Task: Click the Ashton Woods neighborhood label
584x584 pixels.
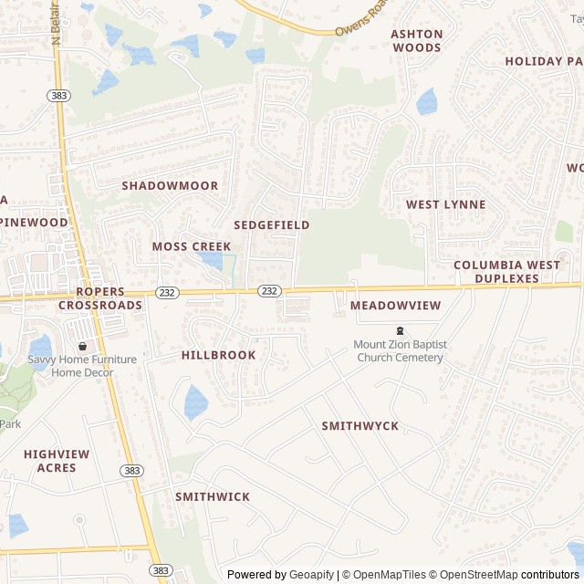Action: pyautogui.click(x=416, y=41)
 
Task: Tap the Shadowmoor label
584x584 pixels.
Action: pyautogui.click(x=170, y=185)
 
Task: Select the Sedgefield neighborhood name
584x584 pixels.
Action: pyautogui.click(x=271, y=224)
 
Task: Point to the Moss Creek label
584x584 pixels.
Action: pyautogui.click(x=191, y=246)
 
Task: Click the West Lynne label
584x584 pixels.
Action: pyautogui.click(x=445, y=204)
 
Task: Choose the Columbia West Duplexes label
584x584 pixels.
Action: pyautogui.click(x=507, y=271)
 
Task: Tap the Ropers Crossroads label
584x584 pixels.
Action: pyautogui.click(x=100, y=298)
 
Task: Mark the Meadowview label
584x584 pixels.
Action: pyautogui.click(x=395, y=305)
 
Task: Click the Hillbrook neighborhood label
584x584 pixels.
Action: pyautogui.click(x=218, y=354)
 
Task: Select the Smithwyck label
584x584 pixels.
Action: pyautogui.click(x=360, y=426)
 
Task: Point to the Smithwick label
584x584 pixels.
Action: pyautogui.click(x=212, y=496)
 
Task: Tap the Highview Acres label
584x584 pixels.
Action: pyautogui.click(x=57, y=461)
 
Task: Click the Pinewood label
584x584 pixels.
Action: pyautogui.click(x=35, y=222)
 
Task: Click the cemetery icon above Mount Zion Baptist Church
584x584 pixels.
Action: pyautogui.click(x=399, y=330)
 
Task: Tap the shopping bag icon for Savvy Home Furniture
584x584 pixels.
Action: pyautogui.click(x=82, y=346)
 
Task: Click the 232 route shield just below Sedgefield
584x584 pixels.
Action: pyautogui.click(x=268, y=290)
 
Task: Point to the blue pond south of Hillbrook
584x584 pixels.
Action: pyautogui.click(x=195, y=401)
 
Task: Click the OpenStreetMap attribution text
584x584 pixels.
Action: pyautogui.click(x=474, y=575)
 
